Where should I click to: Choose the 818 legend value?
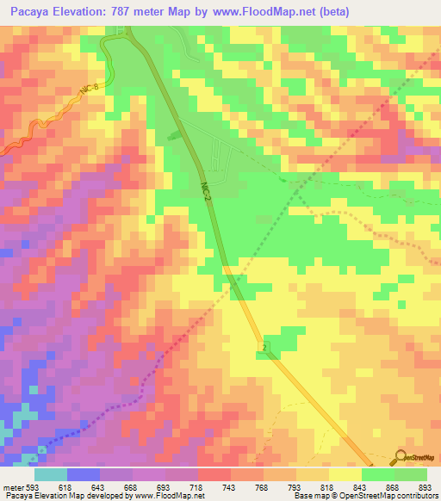[329, 487]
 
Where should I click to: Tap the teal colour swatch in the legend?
[51, 474]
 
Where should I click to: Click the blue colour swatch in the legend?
[84, 474]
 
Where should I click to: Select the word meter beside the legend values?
[14, 487]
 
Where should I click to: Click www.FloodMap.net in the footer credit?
[168, 497]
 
